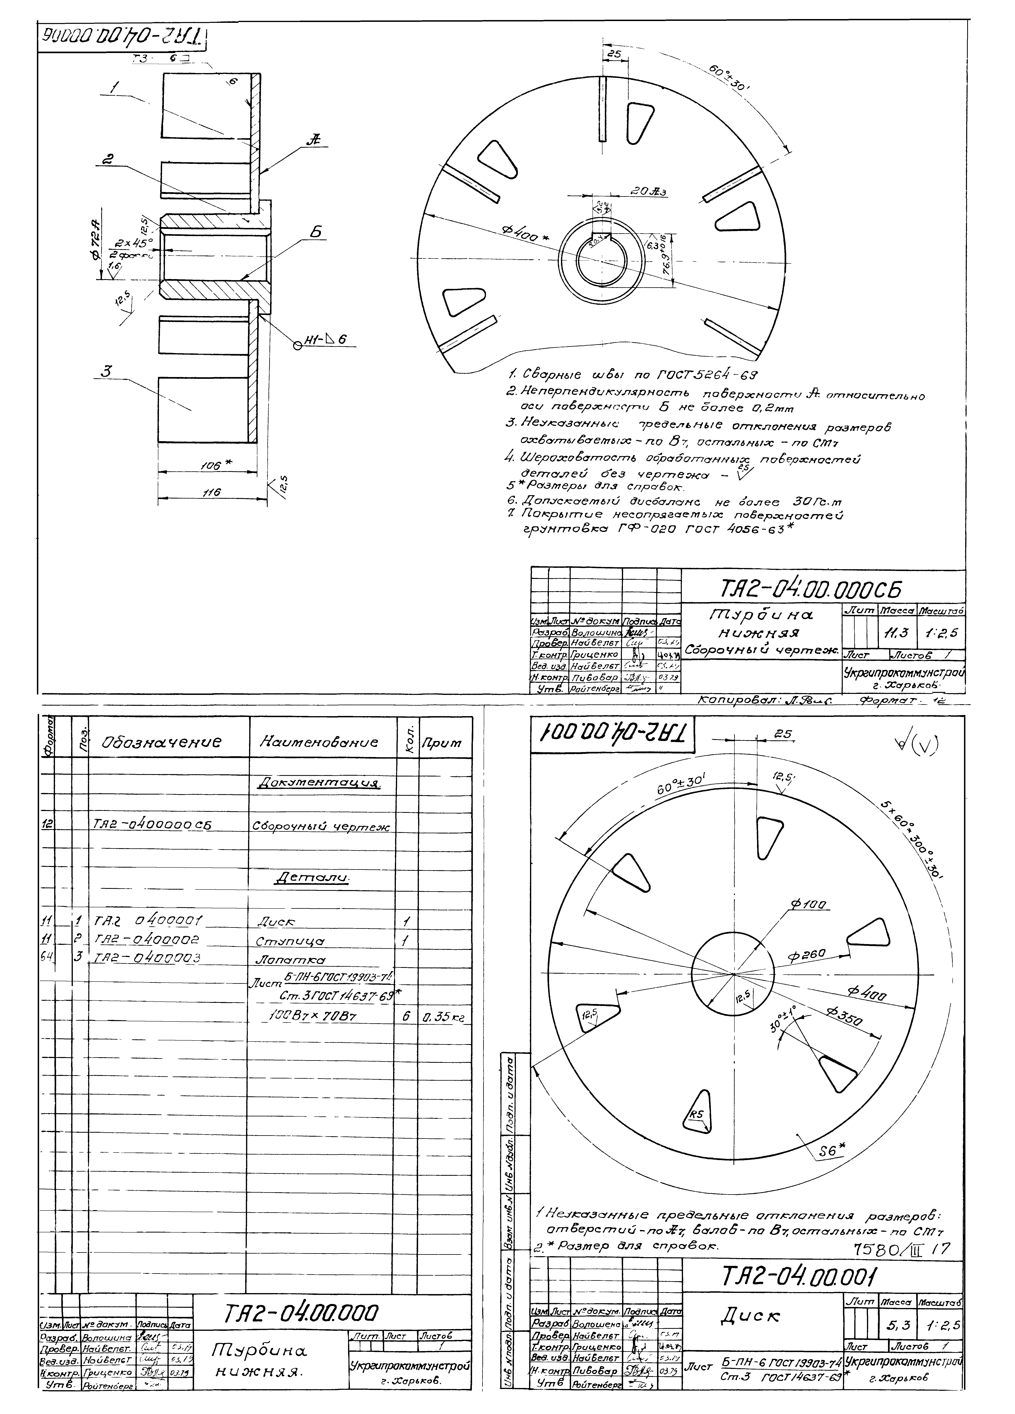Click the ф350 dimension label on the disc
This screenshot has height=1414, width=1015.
click(x=844, y=1019)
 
